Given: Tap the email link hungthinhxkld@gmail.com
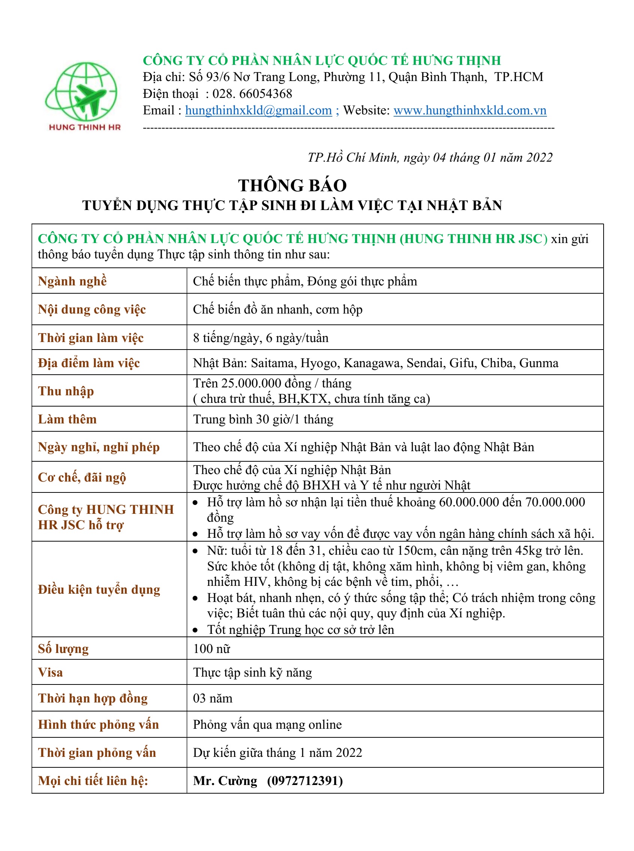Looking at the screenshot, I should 258,111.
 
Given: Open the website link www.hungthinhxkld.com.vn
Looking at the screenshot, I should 470,111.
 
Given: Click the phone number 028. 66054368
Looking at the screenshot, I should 252,94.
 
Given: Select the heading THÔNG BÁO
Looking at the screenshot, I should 293,185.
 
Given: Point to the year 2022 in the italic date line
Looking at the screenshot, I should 539,157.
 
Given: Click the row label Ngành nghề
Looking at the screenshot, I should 72,281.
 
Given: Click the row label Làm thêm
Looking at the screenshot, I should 67,419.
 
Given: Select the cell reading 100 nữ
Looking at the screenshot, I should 212,648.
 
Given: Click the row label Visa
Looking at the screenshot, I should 50,672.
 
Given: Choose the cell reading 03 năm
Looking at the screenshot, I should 213,698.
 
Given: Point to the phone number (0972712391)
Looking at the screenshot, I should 305,780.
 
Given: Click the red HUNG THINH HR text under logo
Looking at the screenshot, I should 85,128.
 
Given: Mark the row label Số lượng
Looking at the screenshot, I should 63,648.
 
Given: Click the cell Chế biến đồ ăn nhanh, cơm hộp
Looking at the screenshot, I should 278,309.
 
